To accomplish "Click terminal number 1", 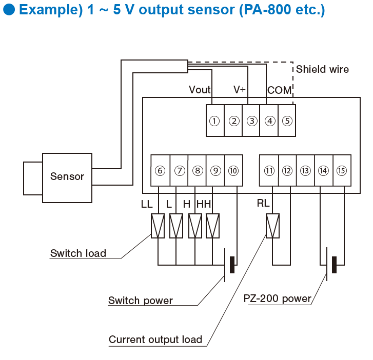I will (x=215, y=121).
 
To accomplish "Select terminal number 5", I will (x=287, y=121).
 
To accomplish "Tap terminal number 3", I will (x=251, y=121).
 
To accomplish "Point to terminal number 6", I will (x=160, y=171).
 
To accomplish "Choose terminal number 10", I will (x=233, y=171).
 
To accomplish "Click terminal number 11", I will (x=269, y=171).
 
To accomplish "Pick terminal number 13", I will (x=306, y=171).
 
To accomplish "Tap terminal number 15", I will (x=342, y=171).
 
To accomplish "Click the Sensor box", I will (x=67, y=177).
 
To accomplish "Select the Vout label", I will (x=200, y=90).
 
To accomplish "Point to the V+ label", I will (x=240, y=90).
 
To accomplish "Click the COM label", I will (x=279, y=90).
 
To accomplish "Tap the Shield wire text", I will (x=322, y=69).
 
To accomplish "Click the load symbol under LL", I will (x=158, y=226).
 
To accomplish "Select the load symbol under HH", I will (x=212, y=226).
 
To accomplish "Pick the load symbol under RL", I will (x=272, y=226).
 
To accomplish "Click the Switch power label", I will (x=140, y=301).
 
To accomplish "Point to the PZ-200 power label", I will (x=277, y=298).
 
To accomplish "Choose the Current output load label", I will (x=155, y=339).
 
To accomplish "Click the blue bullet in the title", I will (x=9, y=10).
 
